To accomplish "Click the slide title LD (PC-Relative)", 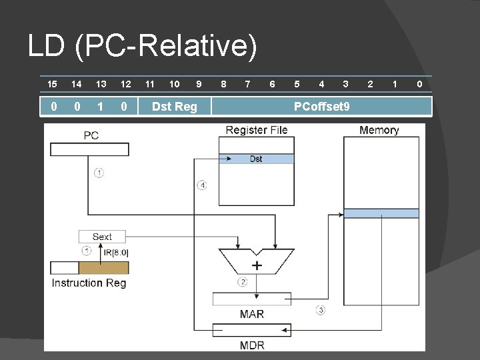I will coord(142,47).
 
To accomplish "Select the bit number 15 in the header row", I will coord(52,84).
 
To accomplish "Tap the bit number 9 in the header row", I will coord(198,84).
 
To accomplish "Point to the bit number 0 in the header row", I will coord(419,84).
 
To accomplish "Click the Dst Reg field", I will coord(175,107).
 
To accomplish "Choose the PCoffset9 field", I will coord(322,107).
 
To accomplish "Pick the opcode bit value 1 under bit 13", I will coord(101,107).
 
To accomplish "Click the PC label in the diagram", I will coord(91,135).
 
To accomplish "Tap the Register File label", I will coord(257,130).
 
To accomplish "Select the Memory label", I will coord(379,130).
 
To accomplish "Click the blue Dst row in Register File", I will coord(256,159).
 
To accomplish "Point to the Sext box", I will coord(102,237).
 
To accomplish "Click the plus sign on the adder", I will coord(257,265).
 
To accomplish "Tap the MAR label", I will coord(251,314).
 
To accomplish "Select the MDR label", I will coord(251,345).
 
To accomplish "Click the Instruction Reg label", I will coord(89,283).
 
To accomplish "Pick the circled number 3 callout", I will coord(321,311).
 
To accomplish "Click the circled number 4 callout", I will coord(202,185).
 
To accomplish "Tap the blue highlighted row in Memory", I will coord(381,213).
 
